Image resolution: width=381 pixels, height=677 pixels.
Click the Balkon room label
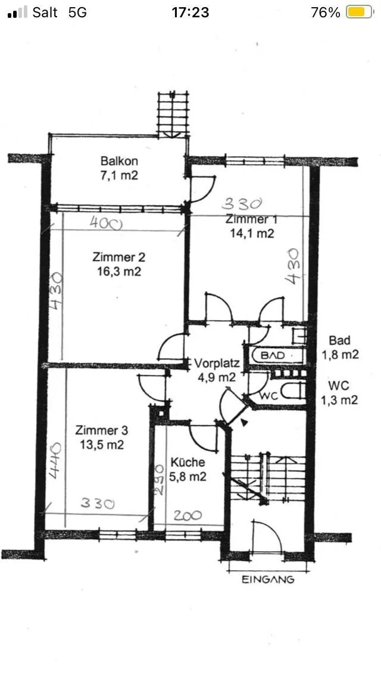pos(119,162)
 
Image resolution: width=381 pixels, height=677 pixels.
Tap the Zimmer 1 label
pos(252,219)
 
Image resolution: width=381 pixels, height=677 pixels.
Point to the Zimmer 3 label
pos(101,430)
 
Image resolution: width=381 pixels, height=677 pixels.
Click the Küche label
pos(188,462)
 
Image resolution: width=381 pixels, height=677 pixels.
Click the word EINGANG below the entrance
pos(267,579)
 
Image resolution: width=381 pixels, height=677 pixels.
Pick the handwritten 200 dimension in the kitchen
pos(188,515)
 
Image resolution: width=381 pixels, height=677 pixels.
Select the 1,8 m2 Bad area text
pos(340,355)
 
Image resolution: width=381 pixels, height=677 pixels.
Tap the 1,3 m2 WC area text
pos(339,400)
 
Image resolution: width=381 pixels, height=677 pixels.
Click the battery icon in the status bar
pos(360,13)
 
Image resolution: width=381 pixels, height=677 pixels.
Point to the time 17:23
pos(190,13)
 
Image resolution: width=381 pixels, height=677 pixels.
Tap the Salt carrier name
pos(45,13)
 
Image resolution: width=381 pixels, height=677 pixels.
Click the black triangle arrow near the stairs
pos(244,423)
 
